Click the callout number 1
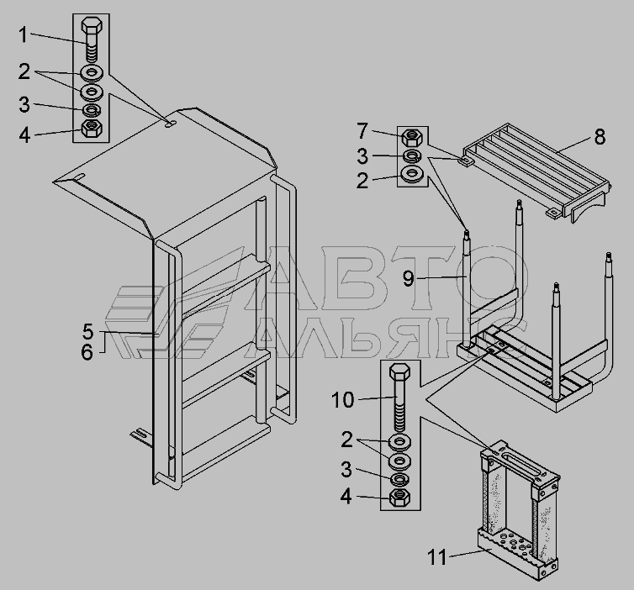[x=23, y=34]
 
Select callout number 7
[x=362, y=131]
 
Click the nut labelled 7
[x=412, y=137]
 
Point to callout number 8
[x=600, y=137]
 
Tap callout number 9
[x=409, y=279]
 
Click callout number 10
[x=342, y=400]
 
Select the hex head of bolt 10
[x=399, y=371]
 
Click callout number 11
[x=437, y=558]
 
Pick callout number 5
[x=87, y=331]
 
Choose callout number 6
[x=87, y=352]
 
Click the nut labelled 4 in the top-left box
[x=92, y=128]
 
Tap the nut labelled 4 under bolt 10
[x=399, y=498]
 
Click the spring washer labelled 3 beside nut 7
[x=412, y=155]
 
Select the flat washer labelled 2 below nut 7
[x=412, y=174]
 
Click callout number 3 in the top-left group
[x=24, y=104]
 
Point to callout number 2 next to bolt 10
[x=346, y=440]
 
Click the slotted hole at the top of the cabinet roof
[x=170, y=123]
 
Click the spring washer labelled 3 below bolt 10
[x=399, y=479]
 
